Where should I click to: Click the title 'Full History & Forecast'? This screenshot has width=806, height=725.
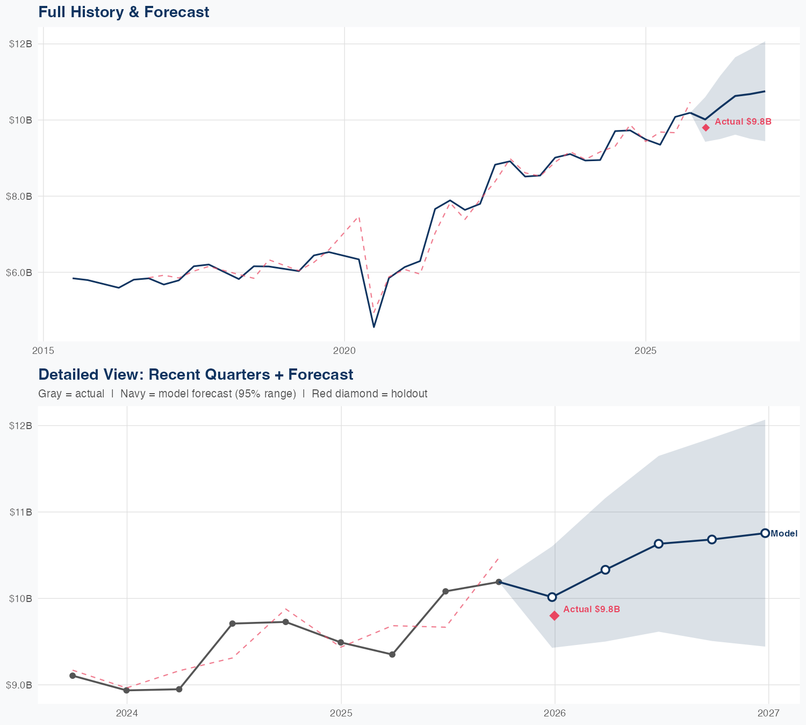pos(124,12)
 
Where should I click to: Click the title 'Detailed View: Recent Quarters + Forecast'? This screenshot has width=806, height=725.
pos(196,374)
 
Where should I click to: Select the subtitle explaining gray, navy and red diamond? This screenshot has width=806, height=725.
pos(233,394)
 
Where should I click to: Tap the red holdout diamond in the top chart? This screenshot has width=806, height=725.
pos(706,127)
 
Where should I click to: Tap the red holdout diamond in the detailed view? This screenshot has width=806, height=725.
pos(555,615)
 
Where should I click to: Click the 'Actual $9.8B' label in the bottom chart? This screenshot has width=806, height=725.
pos(592,610)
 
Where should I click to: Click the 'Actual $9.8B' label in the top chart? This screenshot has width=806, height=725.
pos(743,122)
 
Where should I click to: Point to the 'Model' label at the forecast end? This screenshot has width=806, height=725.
pos(784,534)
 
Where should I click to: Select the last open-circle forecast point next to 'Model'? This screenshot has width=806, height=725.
pos(765,533)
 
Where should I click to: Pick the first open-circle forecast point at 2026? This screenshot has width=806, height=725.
pos(552,597)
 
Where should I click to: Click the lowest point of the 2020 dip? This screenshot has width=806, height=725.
pos(374,327)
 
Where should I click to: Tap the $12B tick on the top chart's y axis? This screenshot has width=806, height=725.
pos(20,44)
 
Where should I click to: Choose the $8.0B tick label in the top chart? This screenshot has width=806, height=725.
pos(19,196)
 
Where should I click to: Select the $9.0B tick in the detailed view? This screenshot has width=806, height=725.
pos(19,685)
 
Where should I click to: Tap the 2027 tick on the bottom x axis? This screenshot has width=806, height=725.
pos(768,713)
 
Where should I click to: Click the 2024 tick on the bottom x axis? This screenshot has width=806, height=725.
pos(127,713)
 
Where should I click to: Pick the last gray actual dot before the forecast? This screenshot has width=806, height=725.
pos(499,582)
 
